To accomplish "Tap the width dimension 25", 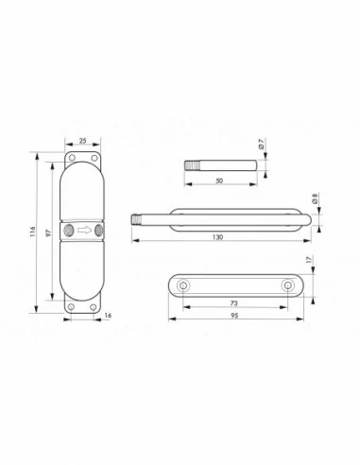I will (x=84, y=142).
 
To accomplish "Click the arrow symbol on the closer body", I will (x=84, y=230).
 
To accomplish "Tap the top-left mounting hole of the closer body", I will (x=71, y=156).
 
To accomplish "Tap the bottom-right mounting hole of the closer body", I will (x=97, y=304).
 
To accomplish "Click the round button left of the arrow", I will (x=69, y=230).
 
